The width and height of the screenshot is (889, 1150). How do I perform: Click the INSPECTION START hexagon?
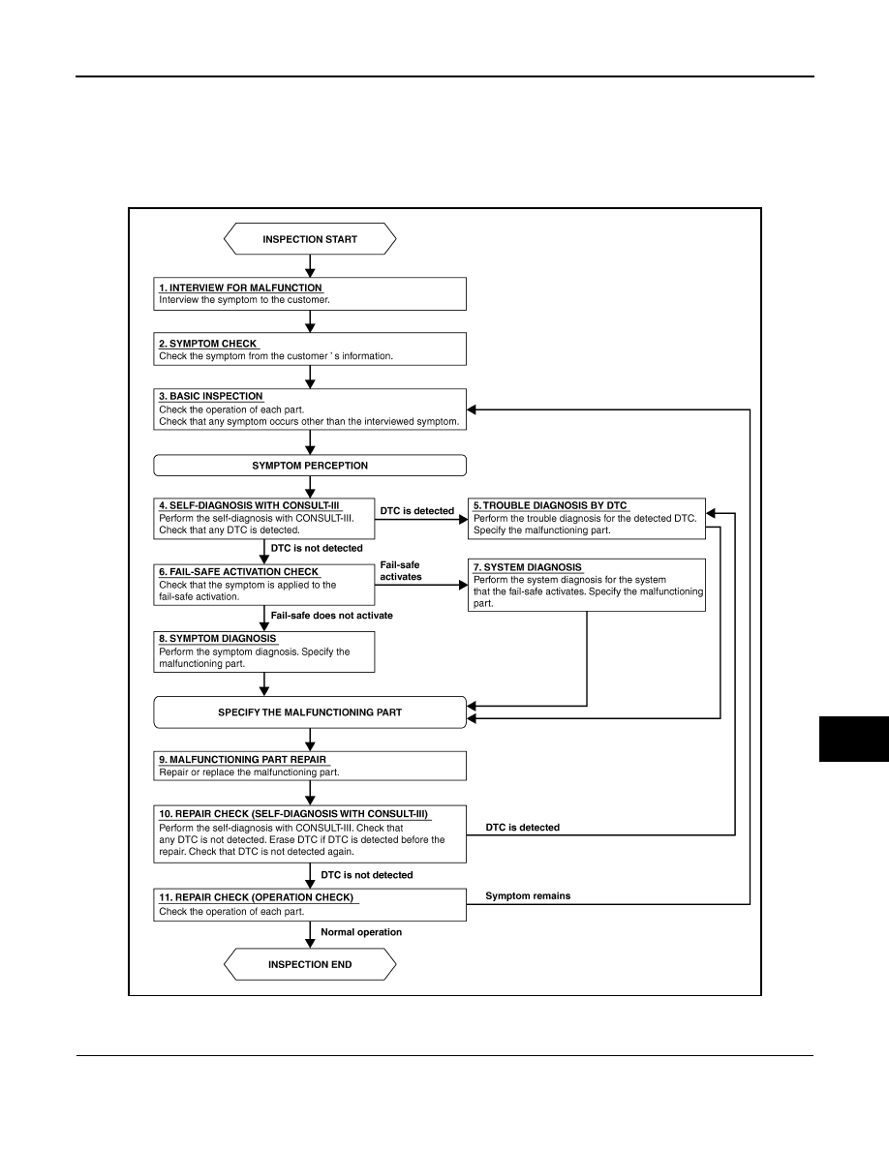310,239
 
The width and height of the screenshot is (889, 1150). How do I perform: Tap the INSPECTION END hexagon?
310,964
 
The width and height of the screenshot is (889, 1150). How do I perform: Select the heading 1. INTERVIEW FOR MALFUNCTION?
240,288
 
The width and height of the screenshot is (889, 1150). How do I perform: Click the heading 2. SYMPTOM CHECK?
208,344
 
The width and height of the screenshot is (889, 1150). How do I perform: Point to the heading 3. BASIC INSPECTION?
211,396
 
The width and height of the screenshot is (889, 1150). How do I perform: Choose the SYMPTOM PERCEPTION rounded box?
310,466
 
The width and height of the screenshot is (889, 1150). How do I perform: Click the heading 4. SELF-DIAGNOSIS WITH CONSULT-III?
250,505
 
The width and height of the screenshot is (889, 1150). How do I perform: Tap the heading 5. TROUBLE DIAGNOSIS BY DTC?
550,505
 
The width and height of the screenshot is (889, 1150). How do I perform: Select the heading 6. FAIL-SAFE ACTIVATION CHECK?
239,571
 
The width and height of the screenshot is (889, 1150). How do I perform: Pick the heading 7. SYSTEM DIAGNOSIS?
528,567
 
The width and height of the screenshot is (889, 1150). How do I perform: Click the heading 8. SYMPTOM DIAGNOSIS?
218,638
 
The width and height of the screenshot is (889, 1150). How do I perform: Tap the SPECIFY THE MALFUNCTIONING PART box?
310,712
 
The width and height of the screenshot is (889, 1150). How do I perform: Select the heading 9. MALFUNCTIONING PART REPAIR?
243,760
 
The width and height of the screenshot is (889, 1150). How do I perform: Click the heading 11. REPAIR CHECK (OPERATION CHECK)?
256,897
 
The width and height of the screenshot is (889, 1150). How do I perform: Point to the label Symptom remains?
528,895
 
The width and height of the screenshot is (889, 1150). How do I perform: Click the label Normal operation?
361,932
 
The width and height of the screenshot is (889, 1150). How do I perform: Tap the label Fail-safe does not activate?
331,616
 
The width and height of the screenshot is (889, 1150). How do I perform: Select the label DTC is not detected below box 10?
367,875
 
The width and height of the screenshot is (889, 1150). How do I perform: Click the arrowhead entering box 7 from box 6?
463,586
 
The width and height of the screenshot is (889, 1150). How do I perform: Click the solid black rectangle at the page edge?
854,740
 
